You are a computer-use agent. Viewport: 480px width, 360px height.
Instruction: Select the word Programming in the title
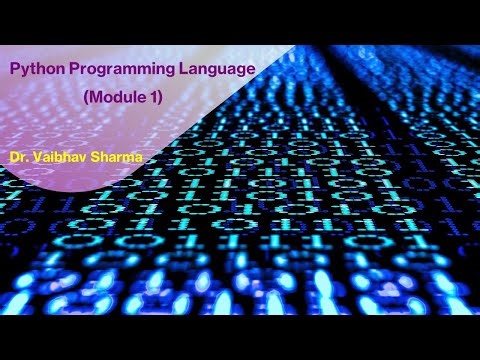coord(111,70)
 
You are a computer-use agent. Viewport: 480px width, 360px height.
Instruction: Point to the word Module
coord(119,97)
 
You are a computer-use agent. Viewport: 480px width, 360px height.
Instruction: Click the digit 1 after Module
coord(154,97)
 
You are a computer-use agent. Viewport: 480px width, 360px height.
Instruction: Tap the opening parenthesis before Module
coord(87,97)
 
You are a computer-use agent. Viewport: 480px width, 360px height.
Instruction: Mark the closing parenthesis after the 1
coord(161,97)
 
